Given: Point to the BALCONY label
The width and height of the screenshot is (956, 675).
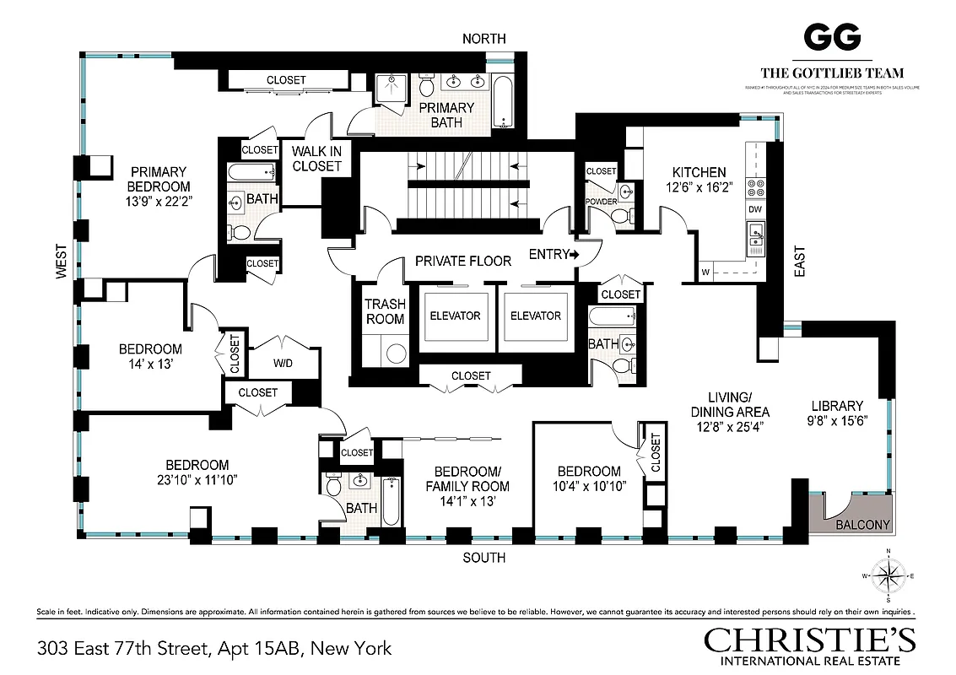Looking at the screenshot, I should point(862,525).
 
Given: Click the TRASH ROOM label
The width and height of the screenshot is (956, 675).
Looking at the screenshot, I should point(385,311).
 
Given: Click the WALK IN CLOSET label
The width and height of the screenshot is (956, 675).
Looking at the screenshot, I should point(316,159).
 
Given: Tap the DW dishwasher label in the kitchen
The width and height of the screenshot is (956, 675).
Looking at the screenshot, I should point(755,208).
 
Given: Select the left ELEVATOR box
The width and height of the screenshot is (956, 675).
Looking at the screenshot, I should point(455,316).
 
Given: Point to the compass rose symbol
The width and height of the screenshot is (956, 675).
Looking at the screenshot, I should point(888,576).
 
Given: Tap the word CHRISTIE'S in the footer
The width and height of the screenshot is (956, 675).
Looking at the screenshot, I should point(809,640).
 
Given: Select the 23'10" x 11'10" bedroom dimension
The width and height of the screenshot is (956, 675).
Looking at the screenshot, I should point(197,481).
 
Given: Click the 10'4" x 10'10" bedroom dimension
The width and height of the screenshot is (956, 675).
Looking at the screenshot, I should point(588,487).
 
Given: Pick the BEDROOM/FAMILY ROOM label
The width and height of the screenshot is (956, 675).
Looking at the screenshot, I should point(467,478).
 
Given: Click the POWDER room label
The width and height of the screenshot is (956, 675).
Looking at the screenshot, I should point(602,202).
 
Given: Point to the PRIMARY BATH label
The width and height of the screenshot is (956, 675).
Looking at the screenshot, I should point(446,115).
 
